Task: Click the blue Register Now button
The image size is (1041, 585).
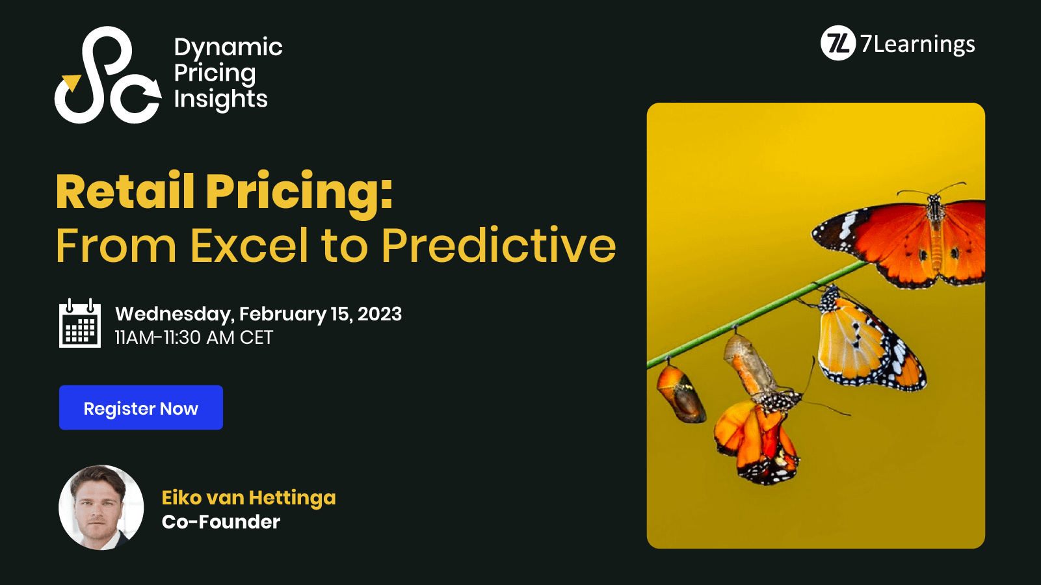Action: [x=140, y=408]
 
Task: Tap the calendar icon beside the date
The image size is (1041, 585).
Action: [x=80, y=323]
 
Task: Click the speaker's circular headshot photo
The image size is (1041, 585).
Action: [x=101, y=507]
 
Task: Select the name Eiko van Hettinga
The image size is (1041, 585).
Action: [x=248, y=497]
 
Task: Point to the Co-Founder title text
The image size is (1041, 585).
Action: [x=221, y=522]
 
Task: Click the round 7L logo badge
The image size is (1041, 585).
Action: [x=837, y=44]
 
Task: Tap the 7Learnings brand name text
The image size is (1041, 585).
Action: [x=917, y=44]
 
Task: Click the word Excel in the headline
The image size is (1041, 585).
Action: [x=249, y=245]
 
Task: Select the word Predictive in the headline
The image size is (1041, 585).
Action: [x=498, y=245]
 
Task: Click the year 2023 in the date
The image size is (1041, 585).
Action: [x=380, y=314]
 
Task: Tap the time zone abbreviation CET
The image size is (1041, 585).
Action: [x=256, y=338]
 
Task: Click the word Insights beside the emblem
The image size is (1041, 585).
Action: [x=220, y=99]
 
